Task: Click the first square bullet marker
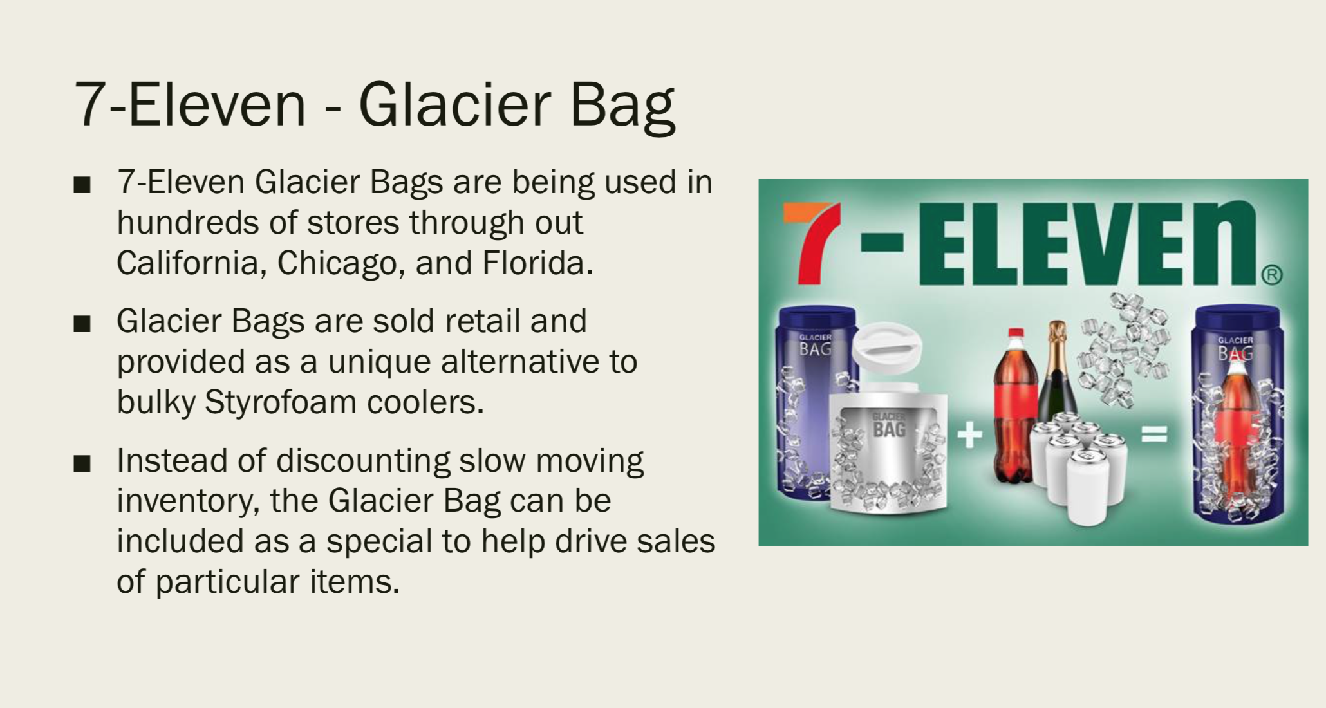pyautogui.click(x=82, y=185)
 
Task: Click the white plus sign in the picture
pyautogui.click(x=970, y=435)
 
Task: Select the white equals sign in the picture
pyautogui.click(x=1154, y=435)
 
